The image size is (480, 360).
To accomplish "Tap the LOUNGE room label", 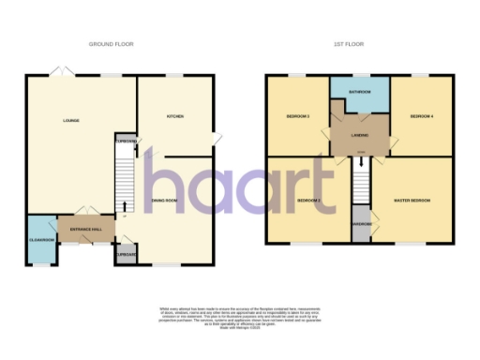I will [69, 121].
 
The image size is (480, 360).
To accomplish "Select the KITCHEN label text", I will [174, 116].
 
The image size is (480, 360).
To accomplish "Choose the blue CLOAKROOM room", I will [40, 240].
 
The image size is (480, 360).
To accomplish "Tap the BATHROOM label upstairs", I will [360, 93].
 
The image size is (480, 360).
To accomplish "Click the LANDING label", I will [359, 136].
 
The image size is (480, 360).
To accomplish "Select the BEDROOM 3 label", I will [298, 116].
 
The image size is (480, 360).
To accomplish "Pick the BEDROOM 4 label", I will [422, 116].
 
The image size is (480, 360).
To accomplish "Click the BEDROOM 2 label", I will [309, 201].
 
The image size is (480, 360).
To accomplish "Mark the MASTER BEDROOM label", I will [412, 201].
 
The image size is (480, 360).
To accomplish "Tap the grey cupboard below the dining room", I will [126, 253].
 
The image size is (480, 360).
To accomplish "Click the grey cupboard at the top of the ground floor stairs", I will [125, 142].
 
